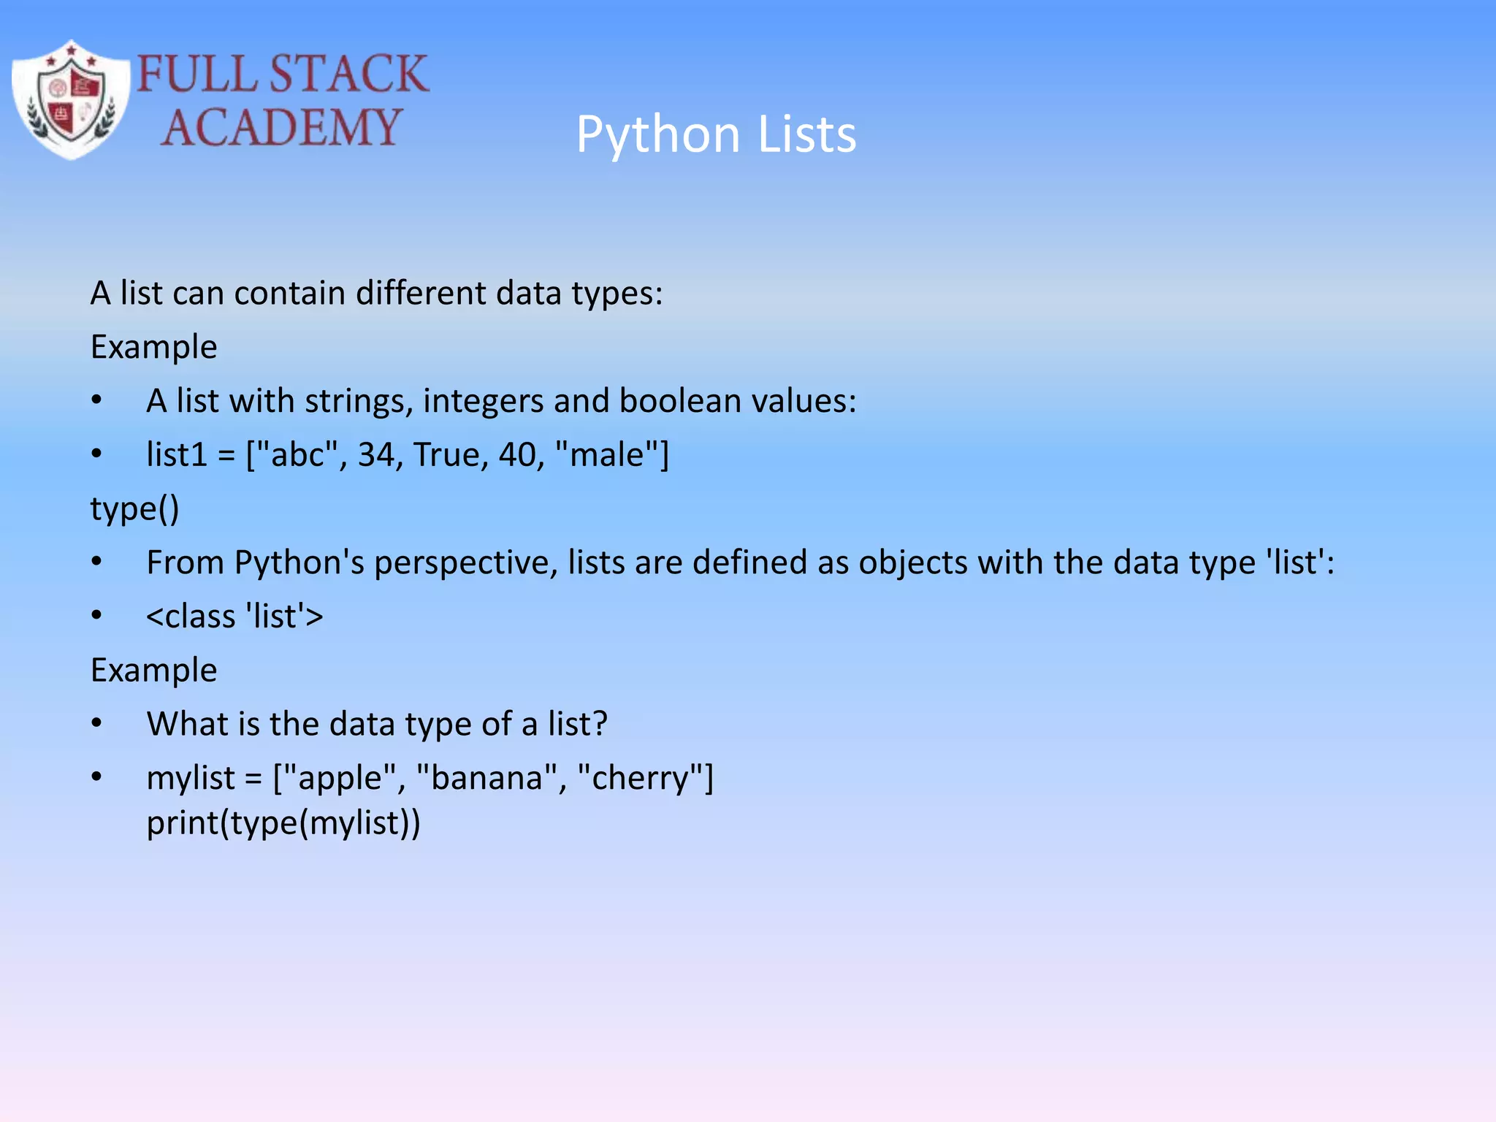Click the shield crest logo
pyautogui.click(x=72, y=99)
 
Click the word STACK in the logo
pyautogui.click(x=348, y=74)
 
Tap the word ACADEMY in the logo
pyautogui.click(x=281, y=127)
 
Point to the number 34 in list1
pyautogui.click(x=376, y=455)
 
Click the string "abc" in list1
pyautogui.click(x=298, y=455)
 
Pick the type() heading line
pyautogui.click(x=135, y=509)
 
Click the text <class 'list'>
pyautogui.click(x=234, y=617)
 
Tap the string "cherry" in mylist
pyautogui.click(x=641, y=778)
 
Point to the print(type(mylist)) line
pyautogui.click(x=283, y=823)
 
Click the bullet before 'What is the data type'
pyautogui.click(x=96, y=724)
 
